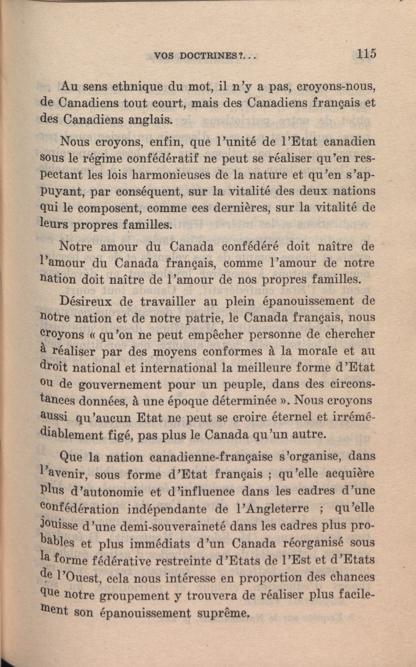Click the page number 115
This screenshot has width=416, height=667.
point(366,54)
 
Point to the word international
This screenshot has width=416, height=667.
point(178,368)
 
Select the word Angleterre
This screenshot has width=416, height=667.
point(275,508)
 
